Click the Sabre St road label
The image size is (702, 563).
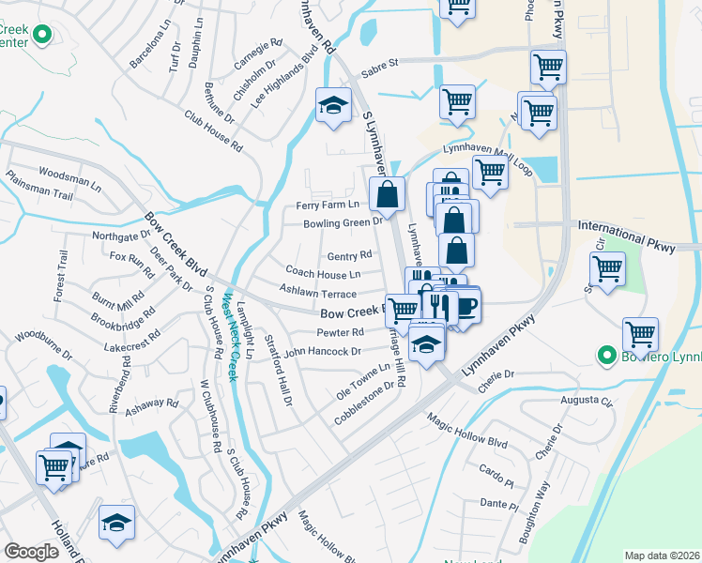point(380,63)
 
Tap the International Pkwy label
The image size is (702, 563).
point(625,226)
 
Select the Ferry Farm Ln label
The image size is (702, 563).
point(328,205)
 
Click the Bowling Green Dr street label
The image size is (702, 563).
point(343,223)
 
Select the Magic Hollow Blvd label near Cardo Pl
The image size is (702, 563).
point(466,431)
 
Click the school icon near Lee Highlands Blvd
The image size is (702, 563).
point(332,106)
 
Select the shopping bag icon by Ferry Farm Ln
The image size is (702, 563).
point(387,195)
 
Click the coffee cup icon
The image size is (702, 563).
point(465,305)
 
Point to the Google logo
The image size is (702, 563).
point(31,551)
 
